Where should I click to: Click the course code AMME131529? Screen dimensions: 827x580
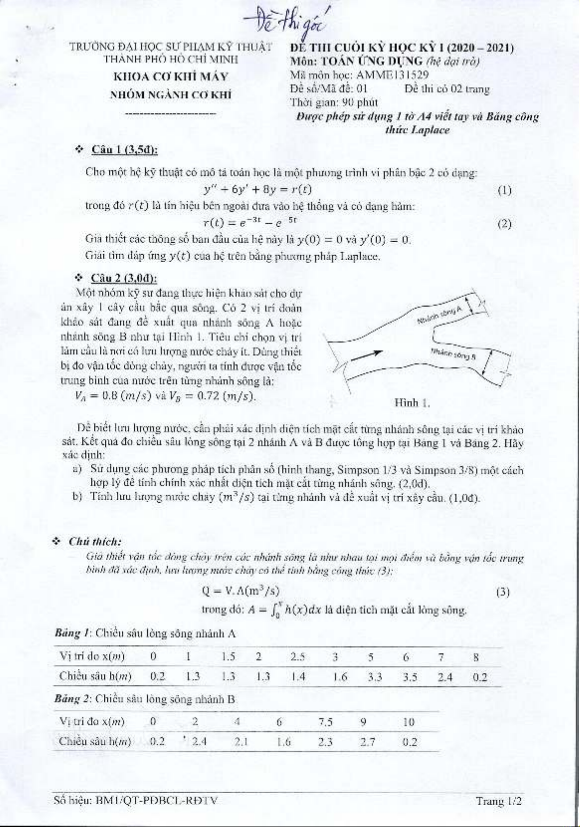tap(393, 75)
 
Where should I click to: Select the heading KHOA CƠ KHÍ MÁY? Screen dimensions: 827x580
tap(171, 77)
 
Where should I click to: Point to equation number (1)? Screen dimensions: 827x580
tap(504, 190)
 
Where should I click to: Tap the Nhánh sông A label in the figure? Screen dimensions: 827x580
tap(440, 315)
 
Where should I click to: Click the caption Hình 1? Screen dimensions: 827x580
tap(412, 403)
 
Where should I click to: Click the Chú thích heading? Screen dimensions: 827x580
tap(95, 542)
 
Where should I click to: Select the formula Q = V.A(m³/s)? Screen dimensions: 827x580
tap(241, 591)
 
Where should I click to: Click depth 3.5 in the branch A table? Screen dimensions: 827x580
tap(410, 677)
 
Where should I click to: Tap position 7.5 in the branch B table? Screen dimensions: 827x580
tap(326, 722)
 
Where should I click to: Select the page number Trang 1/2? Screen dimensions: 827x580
tap(498, 801)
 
